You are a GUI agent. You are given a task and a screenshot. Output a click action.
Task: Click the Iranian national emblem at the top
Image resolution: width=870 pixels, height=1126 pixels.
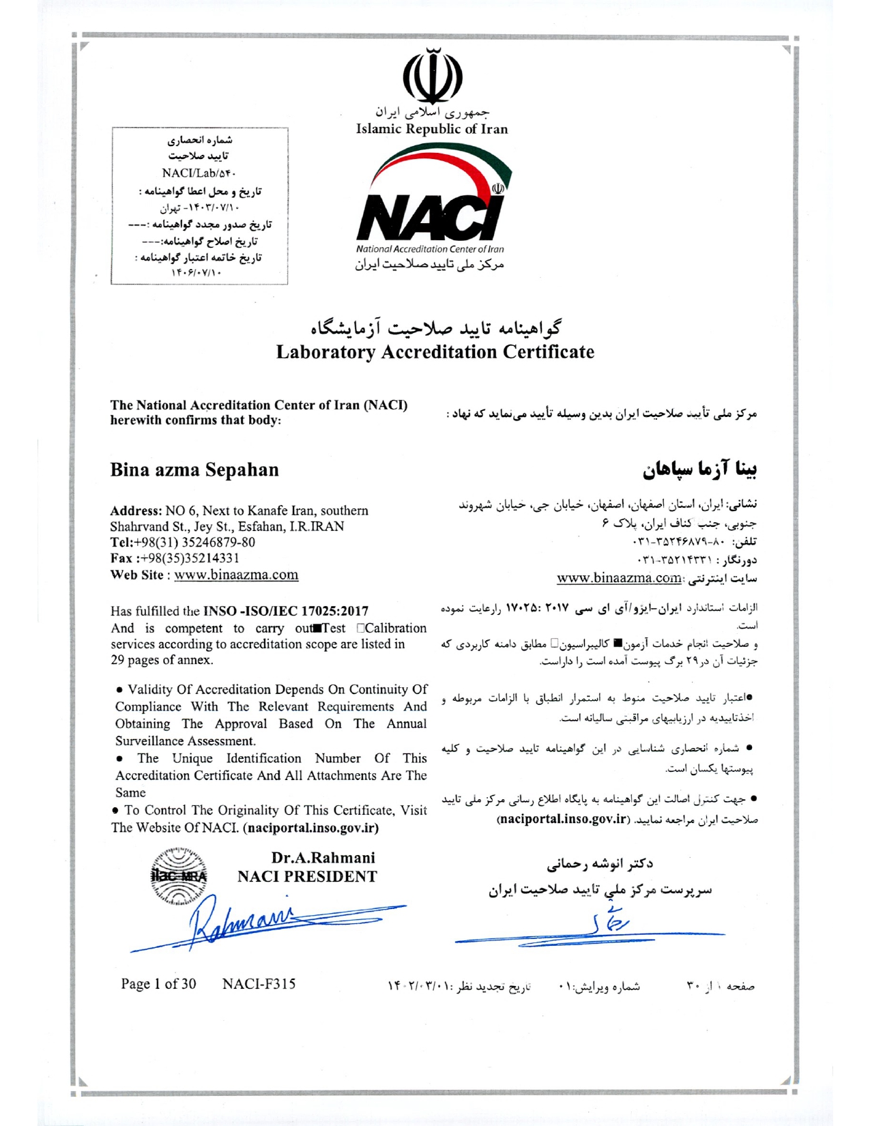tap(433, 75)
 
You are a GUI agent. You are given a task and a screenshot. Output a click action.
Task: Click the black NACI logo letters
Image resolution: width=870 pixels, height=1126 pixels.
tap(429, 217)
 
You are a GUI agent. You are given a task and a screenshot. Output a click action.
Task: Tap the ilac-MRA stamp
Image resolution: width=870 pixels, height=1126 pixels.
tap(179, 877)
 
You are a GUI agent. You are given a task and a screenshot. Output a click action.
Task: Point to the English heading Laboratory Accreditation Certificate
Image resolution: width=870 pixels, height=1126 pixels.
tap(435, 352)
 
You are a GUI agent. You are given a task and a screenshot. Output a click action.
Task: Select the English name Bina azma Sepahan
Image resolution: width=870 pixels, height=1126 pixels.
tap(194, 470)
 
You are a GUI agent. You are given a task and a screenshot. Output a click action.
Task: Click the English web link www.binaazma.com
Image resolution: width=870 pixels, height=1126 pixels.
tap(236, 575)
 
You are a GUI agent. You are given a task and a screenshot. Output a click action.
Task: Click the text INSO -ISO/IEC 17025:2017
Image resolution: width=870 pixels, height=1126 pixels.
tap(286, 611)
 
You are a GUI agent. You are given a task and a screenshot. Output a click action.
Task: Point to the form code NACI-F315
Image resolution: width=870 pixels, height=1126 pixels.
tap(259, 984)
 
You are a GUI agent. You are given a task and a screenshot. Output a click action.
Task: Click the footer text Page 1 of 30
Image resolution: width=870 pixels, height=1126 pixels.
tap(158, 984)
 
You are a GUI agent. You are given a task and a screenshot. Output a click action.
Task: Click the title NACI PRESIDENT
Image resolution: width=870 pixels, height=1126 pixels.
tap(307, 877)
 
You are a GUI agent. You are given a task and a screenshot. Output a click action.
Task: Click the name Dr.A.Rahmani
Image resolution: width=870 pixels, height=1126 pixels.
tap(323, 858)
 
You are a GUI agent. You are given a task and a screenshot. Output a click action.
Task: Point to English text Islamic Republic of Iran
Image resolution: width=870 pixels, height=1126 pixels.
tap(432, 129)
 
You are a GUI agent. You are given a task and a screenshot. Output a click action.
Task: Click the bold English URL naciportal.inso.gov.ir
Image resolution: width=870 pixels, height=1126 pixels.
tap(312, 828)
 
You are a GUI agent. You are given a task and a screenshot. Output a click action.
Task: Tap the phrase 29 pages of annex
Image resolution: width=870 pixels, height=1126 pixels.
tap(162, 660)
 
